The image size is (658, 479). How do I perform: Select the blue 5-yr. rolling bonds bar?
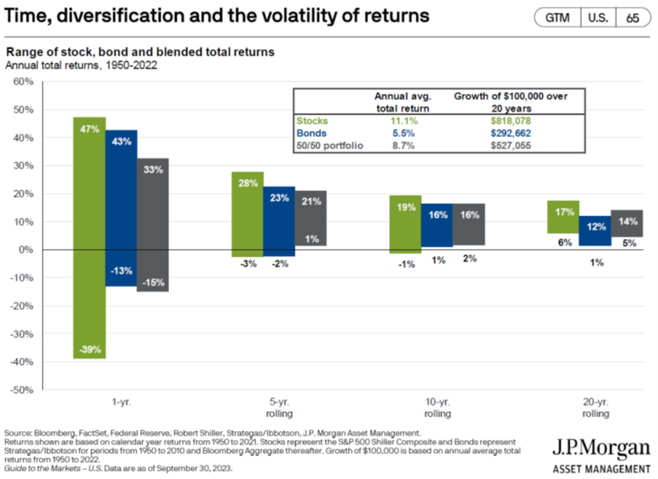pyautogui.click(x=279, y=221)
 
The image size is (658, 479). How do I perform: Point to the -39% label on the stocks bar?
pyautogui.click(x=90, y=350)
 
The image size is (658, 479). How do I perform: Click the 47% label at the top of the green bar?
pyautogui.click(x=90, y=129)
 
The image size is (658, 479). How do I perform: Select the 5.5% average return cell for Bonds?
pyautogui.click(x=404, y=133)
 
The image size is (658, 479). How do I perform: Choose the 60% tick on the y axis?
pyautogui.click(x=24, y=81)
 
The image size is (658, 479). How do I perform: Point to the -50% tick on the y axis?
pyautogui.click(x=23, y=390)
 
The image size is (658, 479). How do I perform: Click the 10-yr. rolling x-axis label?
pyautogui.click(x=437, y=408)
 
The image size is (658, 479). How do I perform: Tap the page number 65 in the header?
pyautogui.click(x=632, y=18)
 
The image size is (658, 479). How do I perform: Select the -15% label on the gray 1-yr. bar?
pyautogui.click(x=153, y=283)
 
